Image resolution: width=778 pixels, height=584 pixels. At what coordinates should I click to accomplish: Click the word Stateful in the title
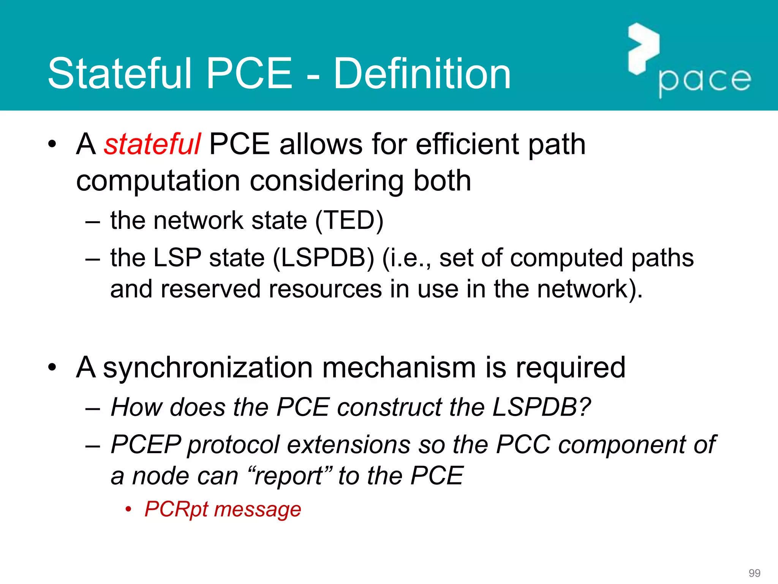[x=120, y=74]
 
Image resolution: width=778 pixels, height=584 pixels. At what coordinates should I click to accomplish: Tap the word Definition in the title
[x=422, y=74]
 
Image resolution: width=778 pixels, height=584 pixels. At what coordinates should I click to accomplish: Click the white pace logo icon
[x=643, y=49]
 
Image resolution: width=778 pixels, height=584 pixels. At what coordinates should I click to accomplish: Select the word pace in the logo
[x=705, y=81]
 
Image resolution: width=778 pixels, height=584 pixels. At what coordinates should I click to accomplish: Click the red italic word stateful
[x=152, y=144]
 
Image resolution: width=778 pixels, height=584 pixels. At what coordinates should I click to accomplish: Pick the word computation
[x=158, y=181]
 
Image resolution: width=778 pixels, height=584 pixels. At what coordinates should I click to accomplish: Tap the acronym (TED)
[x=349, y=221]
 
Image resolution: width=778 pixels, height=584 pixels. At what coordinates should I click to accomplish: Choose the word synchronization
[x=208, y=368]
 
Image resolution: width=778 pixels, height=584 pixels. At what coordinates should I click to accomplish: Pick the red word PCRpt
[x=177, y=509]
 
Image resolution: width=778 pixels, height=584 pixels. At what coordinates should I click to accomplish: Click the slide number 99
[x=754, y=573]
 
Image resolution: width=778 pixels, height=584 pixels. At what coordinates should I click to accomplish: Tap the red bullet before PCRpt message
[x=129, y=509]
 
